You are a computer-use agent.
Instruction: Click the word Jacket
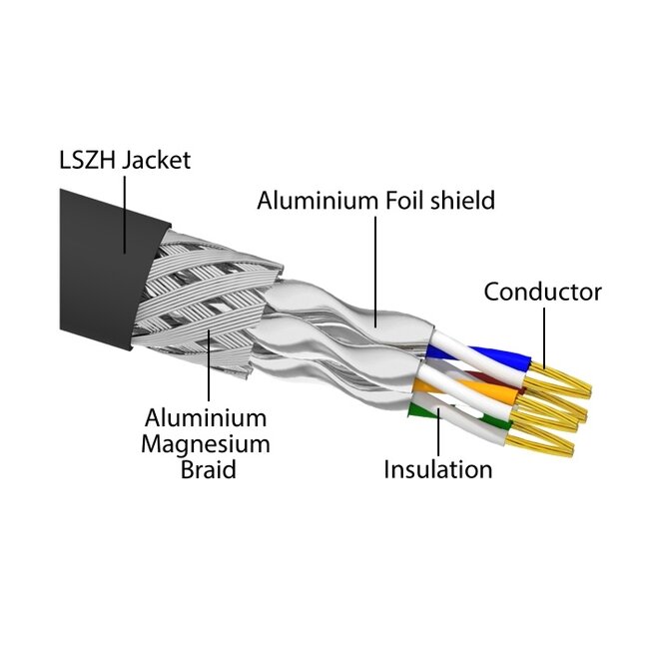pyautogui.click(x=156, y=160)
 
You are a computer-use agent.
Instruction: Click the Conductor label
pyautogui.click(x=542, y=293)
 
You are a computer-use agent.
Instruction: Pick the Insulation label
pyautogui.click(x=437, y=469)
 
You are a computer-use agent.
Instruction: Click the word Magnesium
pyautogui.click(x=205, y=443)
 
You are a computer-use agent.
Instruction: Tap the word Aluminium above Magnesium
pyautogui.click(x=205, y=417)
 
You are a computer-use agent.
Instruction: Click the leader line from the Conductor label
pyautogui.click(x=545, y=334)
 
